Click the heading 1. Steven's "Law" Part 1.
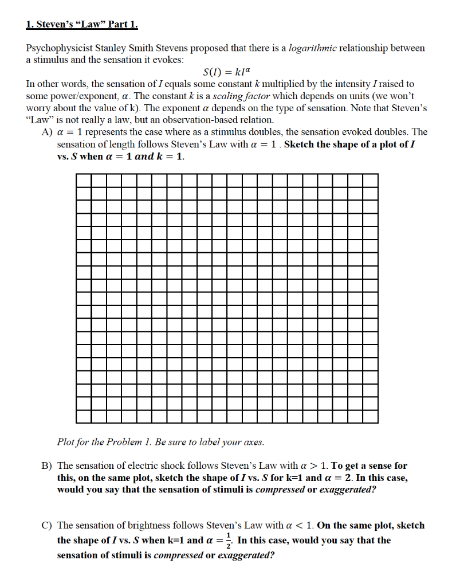tap(82, 25)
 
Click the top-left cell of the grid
tap(83, 179)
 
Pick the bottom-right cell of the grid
tap(370, 416)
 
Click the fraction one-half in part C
tap(230, 541)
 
